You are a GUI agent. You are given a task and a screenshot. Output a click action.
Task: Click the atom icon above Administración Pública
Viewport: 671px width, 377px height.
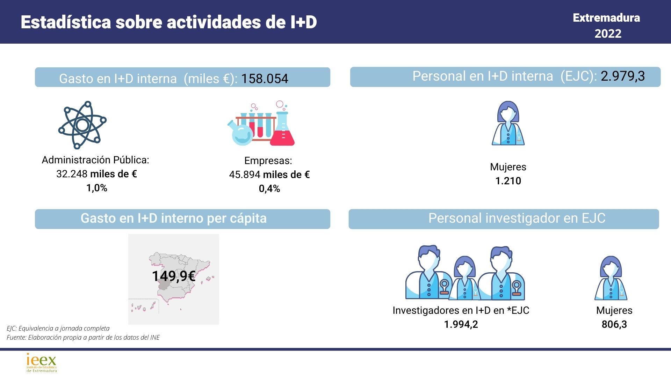[x=82, y=125]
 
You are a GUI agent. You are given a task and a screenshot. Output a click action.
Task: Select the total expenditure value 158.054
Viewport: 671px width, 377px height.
[x=265, y=79]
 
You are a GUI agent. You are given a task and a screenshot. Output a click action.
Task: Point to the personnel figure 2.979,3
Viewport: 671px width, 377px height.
[x=623, y=76]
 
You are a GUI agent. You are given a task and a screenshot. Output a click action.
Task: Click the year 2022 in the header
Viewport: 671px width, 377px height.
[x=608, y=34]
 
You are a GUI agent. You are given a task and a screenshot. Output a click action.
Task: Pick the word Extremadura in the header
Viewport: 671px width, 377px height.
[x=606, y=18]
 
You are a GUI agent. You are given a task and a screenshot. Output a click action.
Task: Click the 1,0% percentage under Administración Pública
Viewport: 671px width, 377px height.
[x=96, y=188]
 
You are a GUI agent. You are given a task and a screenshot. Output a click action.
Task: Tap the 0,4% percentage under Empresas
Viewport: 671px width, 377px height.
[x=269, y=188]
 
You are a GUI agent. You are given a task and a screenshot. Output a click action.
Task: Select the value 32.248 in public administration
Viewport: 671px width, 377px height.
[x=72, y=174]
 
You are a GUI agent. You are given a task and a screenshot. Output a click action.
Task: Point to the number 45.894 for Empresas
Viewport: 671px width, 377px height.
[x=245, y=175]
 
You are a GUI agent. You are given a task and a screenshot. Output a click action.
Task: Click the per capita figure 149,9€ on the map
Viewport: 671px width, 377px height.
[x=174, y=276]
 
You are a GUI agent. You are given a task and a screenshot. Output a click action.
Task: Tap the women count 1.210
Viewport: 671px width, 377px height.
[x=508, y=181]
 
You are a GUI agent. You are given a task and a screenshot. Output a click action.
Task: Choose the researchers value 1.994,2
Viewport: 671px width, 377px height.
[x=461, y=324]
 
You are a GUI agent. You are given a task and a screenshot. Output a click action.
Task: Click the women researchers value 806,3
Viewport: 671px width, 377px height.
[x=614, y=324]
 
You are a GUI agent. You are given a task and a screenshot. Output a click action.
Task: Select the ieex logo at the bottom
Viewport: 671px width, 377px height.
[x=42, y=363]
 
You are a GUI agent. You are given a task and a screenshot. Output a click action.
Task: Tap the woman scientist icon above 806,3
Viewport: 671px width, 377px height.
[x=611, y=278]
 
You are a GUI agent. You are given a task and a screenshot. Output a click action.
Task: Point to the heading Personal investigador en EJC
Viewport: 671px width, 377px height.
[x=517, y=218]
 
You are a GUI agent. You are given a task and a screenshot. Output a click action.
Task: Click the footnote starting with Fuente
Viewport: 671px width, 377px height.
[x=83, y=338]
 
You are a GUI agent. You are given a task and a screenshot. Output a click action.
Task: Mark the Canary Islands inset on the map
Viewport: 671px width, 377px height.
[x=143, y=306]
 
